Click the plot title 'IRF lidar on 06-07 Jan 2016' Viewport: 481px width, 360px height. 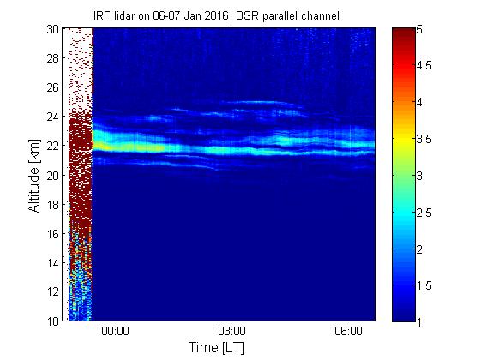pyautogui.click(x=161, y=16)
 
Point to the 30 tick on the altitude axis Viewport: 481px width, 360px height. pyautogui.click(x=53, y=29)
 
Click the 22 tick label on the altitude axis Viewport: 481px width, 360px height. pyautogui.click(x=53, y=146)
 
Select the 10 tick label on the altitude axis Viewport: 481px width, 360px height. pyautogui.click(x=53, y=321)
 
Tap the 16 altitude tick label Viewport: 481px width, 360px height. pyautogui.click(x=53, y=234)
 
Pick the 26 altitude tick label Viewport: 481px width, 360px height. pyautogui.click(x=53, y=87)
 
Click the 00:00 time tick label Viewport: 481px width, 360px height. pyautogui.click(x=115, y=332)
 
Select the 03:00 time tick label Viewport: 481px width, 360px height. pyautogui.click(x=231, y=332)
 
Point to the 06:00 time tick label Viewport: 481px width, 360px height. pyautogui.click(x=348, y=332)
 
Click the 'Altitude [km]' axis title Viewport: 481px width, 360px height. pyautogui.click(x=34, y=176)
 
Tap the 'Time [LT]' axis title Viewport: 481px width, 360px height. pyautogui.click(x=217, y=348)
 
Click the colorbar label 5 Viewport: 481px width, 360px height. pyautogui.click(x=419, y=30)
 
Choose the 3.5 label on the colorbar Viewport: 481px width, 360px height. pyautogui.click(x=424, y=139)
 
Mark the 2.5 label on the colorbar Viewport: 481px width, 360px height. pyautogui.click(x=424, y=213)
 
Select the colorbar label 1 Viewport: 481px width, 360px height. pyautogui.click(x=418, y=322)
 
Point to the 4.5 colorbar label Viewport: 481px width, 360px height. pyautogui.click(x=424, y=66)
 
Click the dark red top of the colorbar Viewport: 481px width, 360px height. pyautogui.click(x=403, y=33)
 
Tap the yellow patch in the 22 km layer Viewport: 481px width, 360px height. pyautogui.click(x=123, y=147)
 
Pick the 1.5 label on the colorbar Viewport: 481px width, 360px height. pyautogui.click(x=424, y=285)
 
